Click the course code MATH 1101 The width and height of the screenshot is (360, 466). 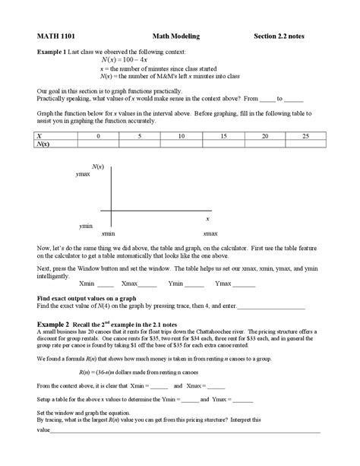point(54,36)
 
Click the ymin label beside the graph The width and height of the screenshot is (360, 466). point(86,227)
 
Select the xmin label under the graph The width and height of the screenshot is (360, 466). point(109,233)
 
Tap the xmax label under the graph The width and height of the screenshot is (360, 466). point(210,233)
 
